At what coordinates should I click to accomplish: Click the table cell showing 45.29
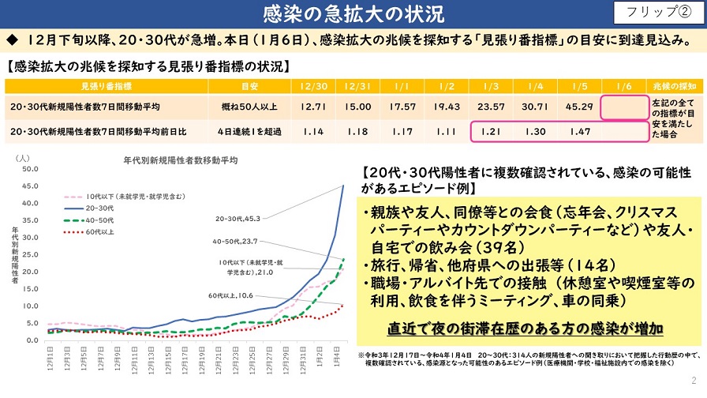(579, 107)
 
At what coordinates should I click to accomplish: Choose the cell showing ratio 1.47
(579, 130)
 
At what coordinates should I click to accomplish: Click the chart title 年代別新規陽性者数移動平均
(181, 160)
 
